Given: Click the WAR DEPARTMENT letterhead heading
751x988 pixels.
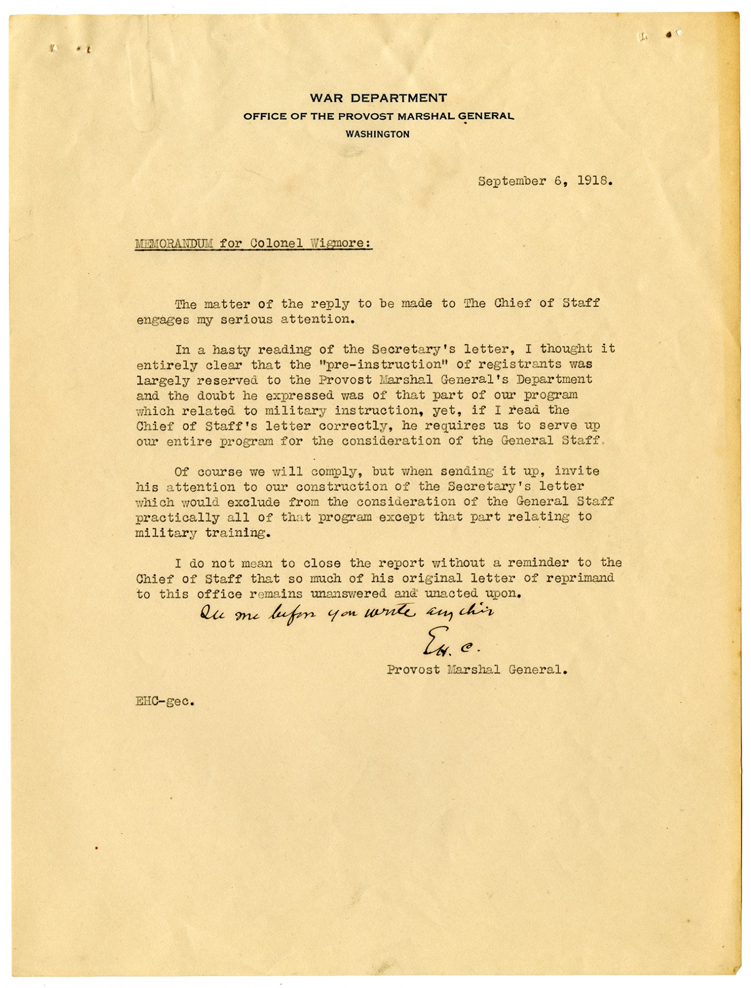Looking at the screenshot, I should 378,98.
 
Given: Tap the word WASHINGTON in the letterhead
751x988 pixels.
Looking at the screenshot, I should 378,134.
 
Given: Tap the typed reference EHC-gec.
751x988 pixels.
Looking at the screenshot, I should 165,701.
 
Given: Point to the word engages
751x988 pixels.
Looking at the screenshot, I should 162,320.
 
